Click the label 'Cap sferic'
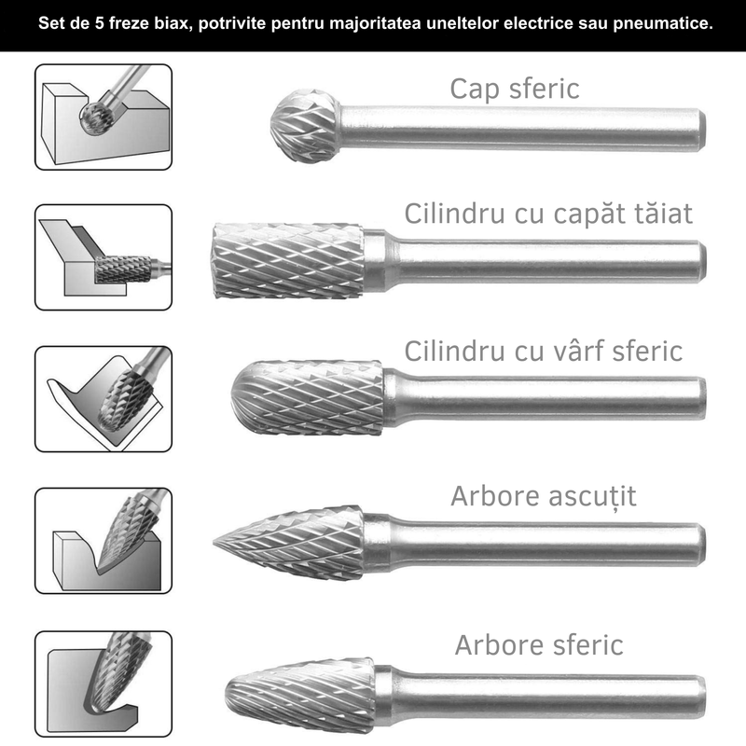tap(514, 89)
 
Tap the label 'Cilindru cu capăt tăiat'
tap(548, 214)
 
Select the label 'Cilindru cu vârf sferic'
tap(543, 351)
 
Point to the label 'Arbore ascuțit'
tap(543, 495)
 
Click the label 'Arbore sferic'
tap(539, 644)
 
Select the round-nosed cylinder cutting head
tap(308, 396)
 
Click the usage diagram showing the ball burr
tap(104, 115)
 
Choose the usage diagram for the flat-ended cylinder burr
tap(104, 257)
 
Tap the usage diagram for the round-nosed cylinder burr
tap(104, 398)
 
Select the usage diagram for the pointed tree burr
tap(104, 541)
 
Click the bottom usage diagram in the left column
tap(104, 684)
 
